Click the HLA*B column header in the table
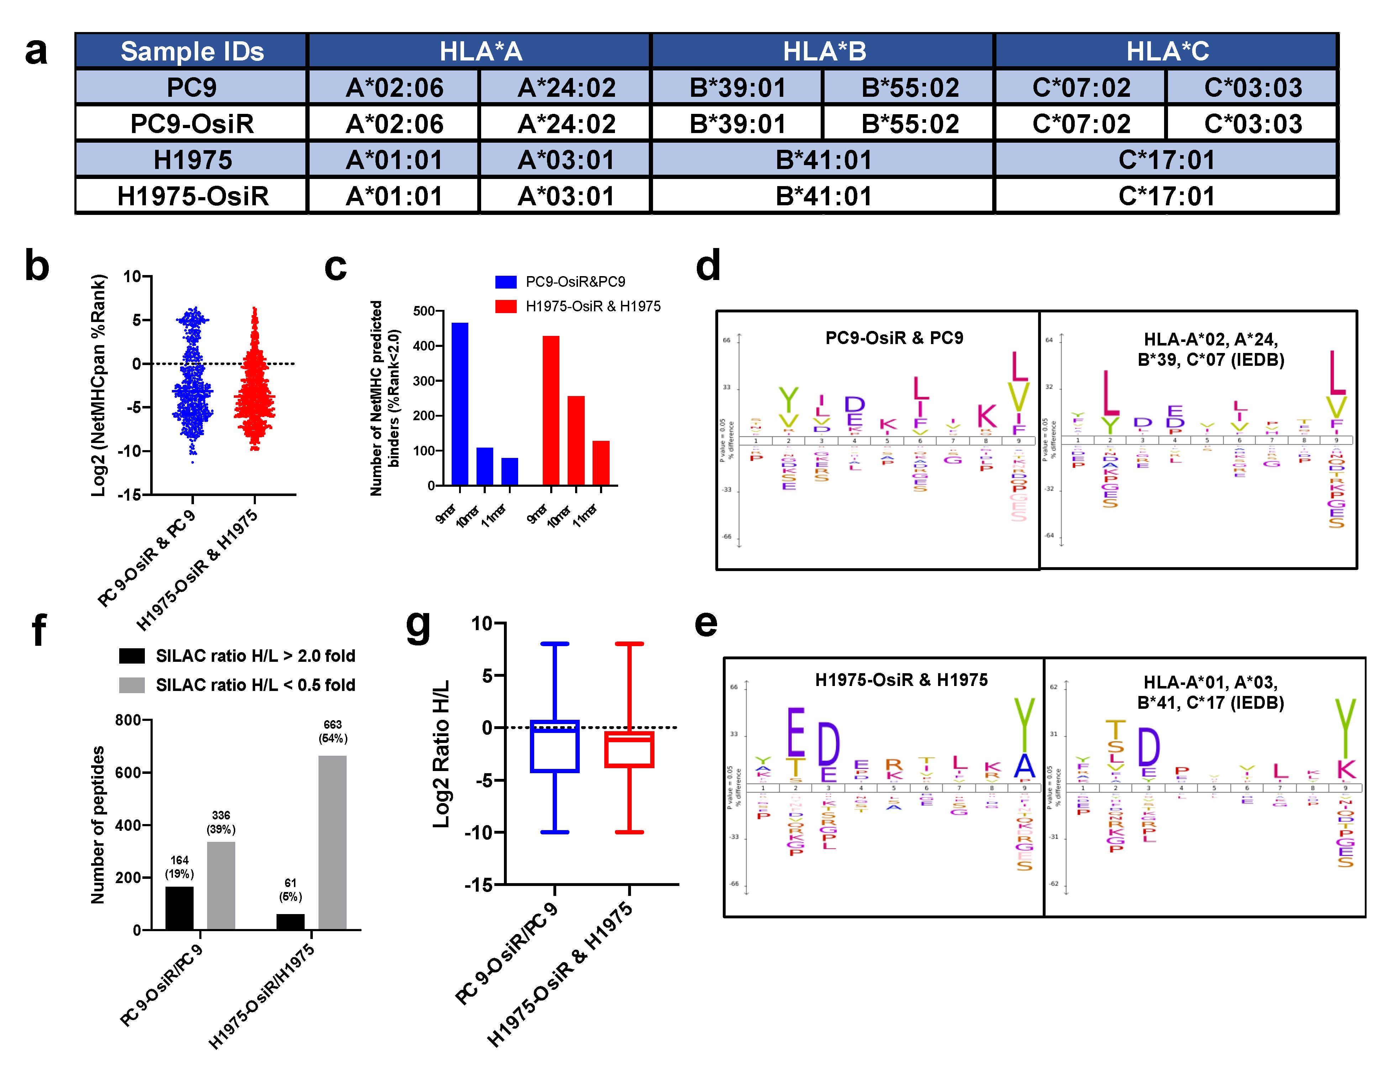coord(823,51)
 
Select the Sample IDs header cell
coord(191,51)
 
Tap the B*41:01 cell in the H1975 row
coord(823,160)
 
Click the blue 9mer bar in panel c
coord(459,403)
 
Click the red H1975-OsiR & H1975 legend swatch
coord(506,306)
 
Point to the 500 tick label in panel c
coord(423,311)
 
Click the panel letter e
coord(706,624)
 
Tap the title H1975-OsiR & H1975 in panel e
coord(901,680)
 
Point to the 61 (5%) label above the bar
coord(290,890)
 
